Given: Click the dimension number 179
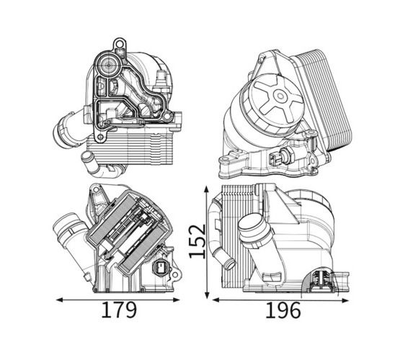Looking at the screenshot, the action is click(120, 310).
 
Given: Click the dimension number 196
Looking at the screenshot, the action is click(283, 310).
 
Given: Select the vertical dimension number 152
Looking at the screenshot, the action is click(197, 241).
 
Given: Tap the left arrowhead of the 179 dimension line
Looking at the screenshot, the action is click(60, 300).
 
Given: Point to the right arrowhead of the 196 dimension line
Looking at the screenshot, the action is click(345, 300).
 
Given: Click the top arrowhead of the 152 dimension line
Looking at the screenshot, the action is click(207, 189).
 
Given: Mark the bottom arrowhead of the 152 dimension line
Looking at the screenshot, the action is click(207, 294).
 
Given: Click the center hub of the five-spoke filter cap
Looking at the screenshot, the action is click(280, 96).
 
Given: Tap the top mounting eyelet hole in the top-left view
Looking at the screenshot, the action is click(120, 44).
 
